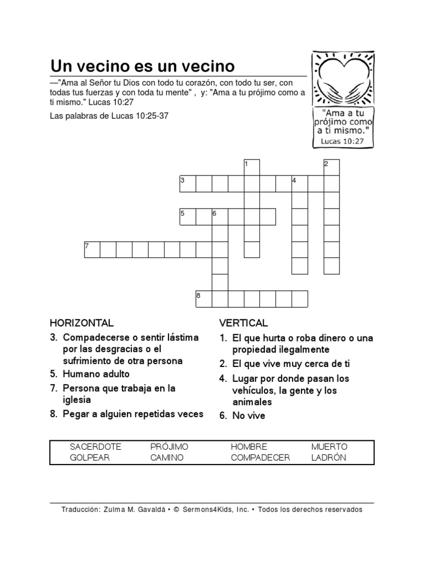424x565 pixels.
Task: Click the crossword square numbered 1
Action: click(252, 168)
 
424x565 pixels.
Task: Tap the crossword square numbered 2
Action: click(331, 168)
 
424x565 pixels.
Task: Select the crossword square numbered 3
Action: click(188, 184)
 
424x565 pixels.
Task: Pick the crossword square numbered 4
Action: click(299, 184)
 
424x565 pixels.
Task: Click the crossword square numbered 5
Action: click(188, 217)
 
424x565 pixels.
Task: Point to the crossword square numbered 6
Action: click(220, 217)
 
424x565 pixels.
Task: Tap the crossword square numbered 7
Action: click(92, 249)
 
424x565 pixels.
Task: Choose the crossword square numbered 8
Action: click(204, 298)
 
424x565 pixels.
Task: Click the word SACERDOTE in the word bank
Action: click(95, 446)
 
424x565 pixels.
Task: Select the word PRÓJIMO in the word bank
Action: click(169, 446)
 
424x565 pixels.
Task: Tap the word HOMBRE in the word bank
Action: click(249, 446)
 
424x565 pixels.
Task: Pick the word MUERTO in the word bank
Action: click(329, 446)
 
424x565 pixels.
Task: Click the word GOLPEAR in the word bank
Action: click(90, 458)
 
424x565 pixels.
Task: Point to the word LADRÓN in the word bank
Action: click(328, 458)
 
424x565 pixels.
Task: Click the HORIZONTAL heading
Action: click(82, 323)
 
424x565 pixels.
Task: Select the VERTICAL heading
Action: click(243, 323)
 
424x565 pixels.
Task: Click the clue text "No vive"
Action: click(248, 416)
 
